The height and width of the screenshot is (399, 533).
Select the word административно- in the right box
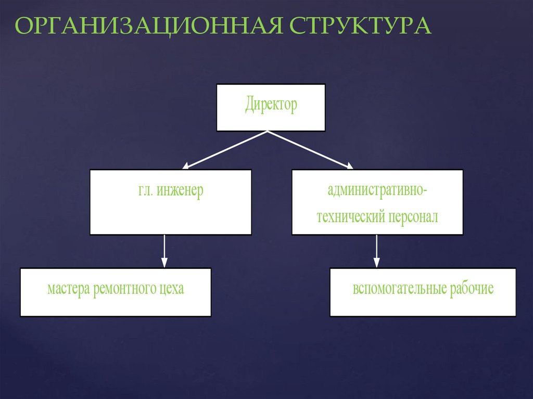click(377, 190)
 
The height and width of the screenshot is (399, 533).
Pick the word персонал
click(413, 216)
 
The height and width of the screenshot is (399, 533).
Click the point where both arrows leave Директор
click(268, 132)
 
